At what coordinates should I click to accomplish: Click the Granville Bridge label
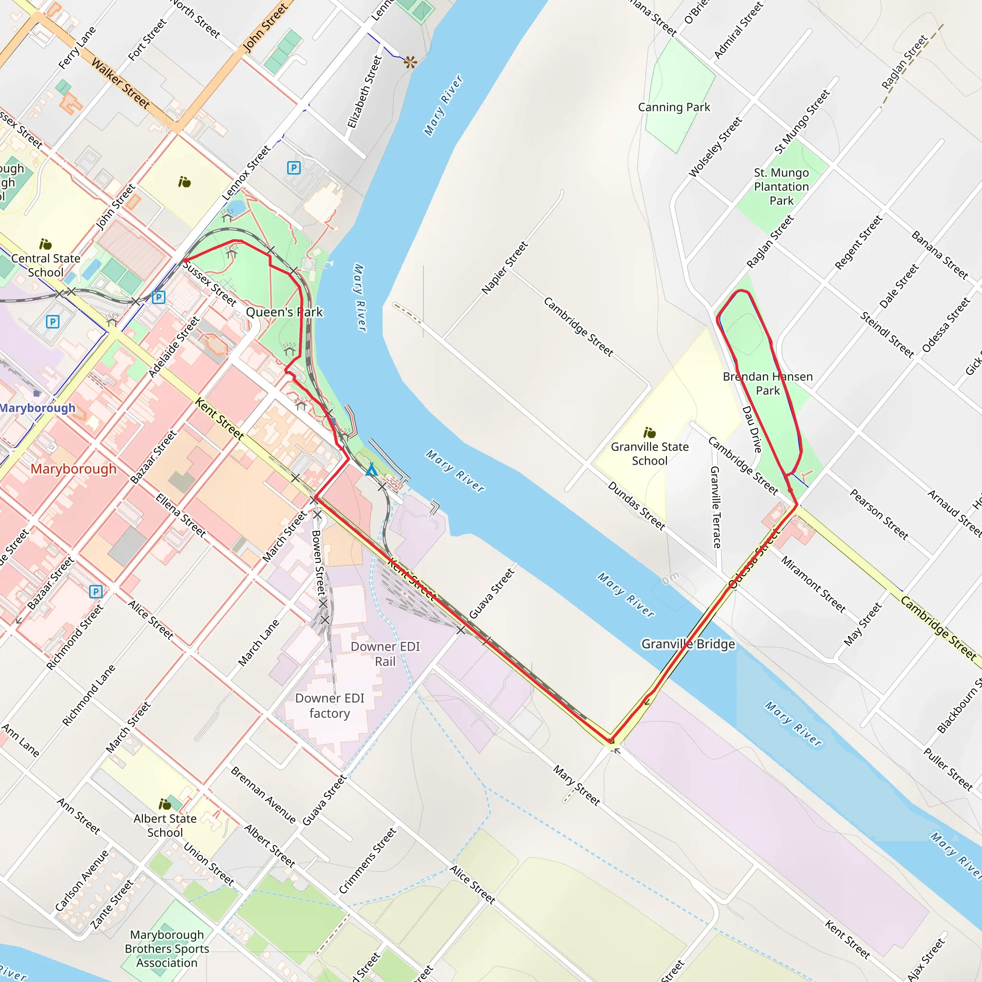click(x=688, y=644)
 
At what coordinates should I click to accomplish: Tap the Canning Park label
click(x=674, y=107)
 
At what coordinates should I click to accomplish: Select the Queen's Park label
click(x=284, y=312)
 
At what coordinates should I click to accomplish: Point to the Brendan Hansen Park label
click(x=768, y=383)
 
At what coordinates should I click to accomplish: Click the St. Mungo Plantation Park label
click(x=781, y=187)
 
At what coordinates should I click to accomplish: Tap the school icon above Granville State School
click(x=649, y=433)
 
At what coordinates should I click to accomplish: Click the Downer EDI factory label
click(x=329, y=705)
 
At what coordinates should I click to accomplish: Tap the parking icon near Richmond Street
click(x=95, y=591)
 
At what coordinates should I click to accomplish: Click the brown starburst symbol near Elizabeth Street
click(x=410, y=62)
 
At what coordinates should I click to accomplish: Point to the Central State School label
click(x=46, y=265)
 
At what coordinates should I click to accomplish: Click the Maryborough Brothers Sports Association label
click(x=167, y=948)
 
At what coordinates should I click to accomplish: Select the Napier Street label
click(x=505, y=268)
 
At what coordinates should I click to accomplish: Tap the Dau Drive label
click(x=752, y=429)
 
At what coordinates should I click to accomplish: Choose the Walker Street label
click(x=120, y=83)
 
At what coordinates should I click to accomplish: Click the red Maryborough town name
click(x=73, y=468)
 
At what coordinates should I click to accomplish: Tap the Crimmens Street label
click(x=367, y=861)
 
